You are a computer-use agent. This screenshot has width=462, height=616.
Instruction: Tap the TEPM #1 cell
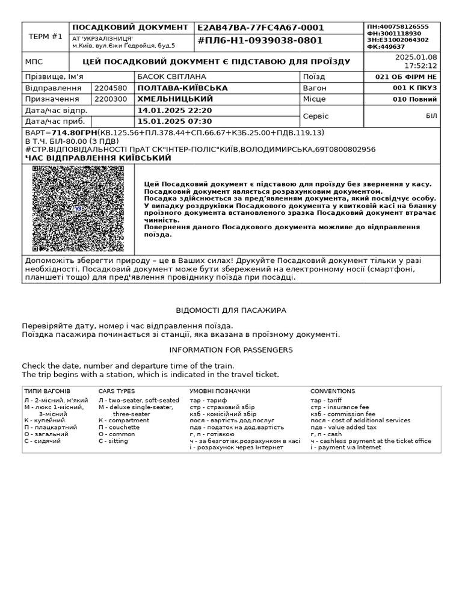46,37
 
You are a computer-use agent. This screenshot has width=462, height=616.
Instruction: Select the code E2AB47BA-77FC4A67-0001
260,28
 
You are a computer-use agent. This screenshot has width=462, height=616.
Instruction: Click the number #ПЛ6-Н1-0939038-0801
260,41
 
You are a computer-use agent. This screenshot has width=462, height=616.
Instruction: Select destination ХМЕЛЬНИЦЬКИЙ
175,99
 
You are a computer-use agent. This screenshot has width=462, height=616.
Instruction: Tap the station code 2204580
111,88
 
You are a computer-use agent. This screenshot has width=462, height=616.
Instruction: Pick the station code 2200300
111,99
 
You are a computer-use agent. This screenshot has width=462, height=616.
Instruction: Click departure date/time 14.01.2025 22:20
174,111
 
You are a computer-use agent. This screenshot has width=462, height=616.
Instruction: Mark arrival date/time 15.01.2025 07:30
174,122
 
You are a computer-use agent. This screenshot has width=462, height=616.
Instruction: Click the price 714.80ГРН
75,132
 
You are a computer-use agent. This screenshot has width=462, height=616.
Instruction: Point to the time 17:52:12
420,66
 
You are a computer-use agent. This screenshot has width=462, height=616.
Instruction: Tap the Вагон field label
315,88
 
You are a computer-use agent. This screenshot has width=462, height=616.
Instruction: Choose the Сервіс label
316,116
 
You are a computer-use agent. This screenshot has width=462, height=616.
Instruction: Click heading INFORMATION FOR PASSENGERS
231,350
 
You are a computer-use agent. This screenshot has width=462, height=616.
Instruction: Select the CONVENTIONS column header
333,391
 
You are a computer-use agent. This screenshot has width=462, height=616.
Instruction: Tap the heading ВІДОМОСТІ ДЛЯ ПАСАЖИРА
231,310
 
